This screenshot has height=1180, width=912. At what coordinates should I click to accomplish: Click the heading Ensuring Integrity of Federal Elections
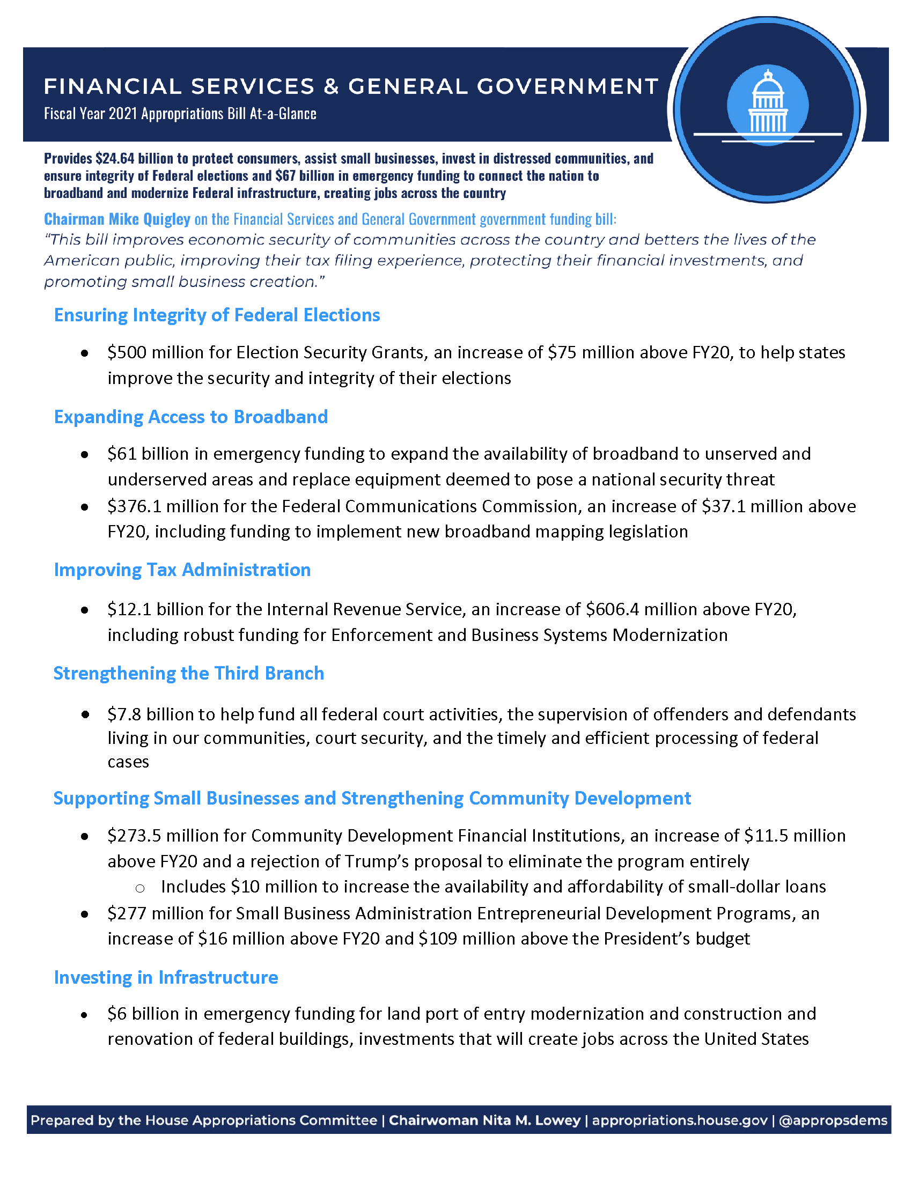pyautogui.click(x=217, y=315)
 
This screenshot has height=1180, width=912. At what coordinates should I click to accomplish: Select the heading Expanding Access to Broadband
pyautogui.click(x=191, y=417)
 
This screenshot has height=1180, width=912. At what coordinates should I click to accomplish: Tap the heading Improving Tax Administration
pyautogui.click(x=182, y=570)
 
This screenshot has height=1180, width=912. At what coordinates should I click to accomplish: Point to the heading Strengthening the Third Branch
pyautogui.click(x=188, y=673)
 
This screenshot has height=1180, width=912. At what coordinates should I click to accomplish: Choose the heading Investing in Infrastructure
pyautogui.click(x=166, y=977)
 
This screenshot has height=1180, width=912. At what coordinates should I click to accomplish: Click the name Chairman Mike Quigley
pyautogui.click(x=117, y=219)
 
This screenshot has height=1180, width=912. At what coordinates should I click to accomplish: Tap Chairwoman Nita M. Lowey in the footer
pyautogui.click(x=484, y=1120)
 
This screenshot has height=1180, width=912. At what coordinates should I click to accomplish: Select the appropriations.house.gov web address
pyautogui.click(x=680, y=1120)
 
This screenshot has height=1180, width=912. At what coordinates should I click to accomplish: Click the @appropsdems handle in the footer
pyautogui.click(x=833, y=1120)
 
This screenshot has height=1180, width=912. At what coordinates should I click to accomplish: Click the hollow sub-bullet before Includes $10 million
pyautogui.click(x=140, y=888)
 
